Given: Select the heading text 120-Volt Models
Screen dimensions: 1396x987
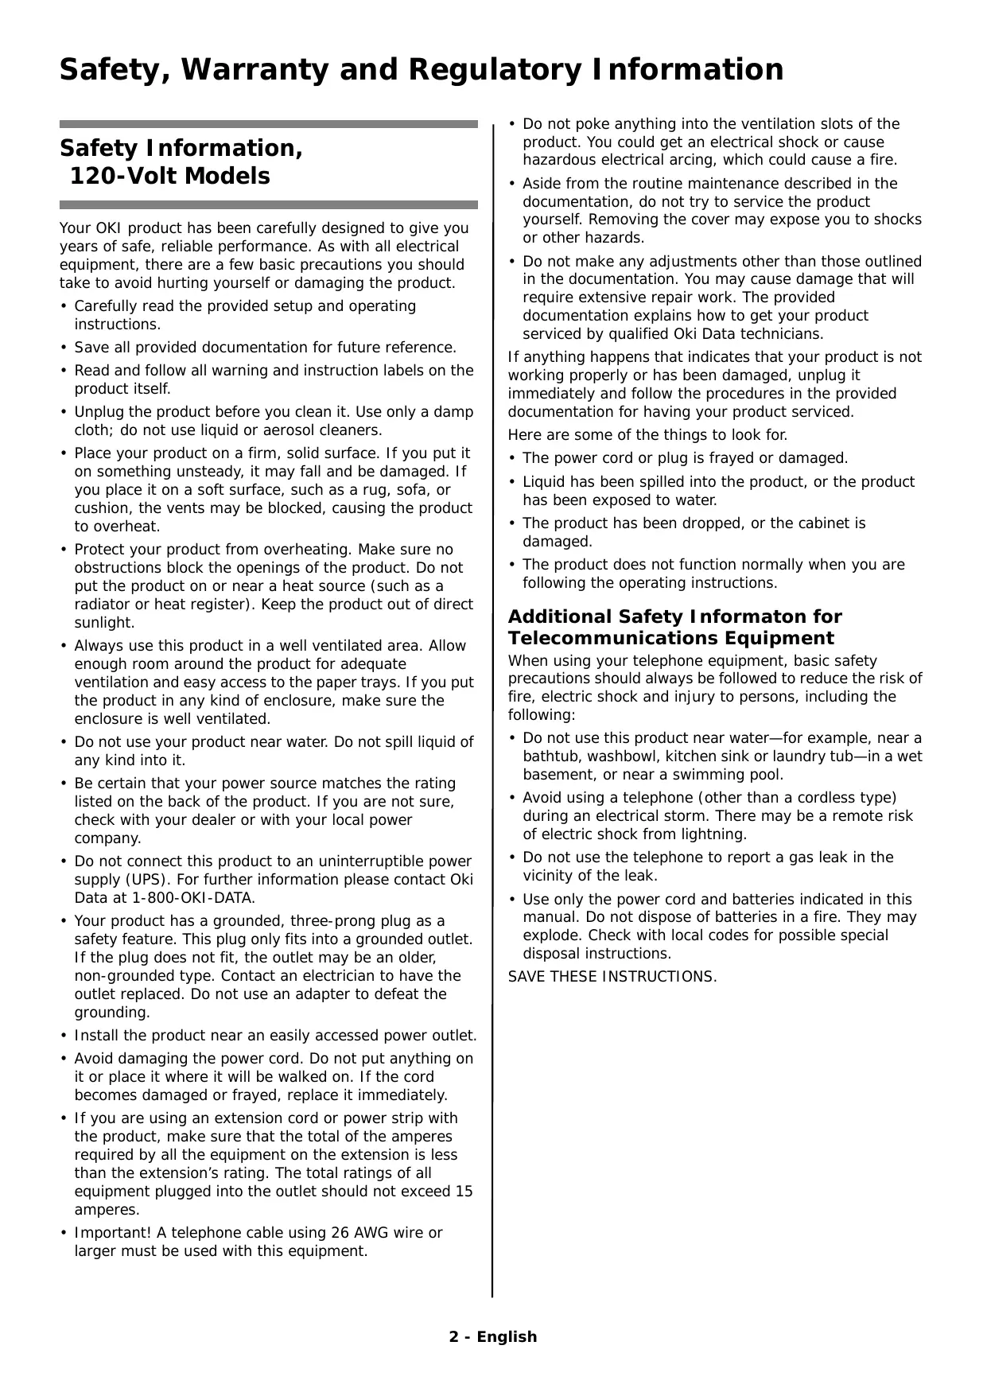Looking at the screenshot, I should [170, 176].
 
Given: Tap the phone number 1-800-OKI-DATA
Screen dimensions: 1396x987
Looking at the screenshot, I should [193, 898].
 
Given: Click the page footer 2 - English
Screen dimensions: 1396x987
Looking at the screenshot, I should [493, 1336].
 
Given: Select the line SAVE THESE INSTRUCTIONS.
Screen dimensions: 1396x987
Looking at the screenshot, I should [612, 977].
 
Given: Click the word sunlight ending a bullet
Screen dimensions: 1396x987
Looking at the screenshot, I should [103, 623].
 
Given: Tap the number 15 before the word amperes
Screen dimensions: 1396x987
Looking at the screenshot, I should [463, 1192].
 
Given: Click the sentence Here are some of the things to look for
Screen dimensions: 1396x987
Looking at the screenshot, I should [648, 435].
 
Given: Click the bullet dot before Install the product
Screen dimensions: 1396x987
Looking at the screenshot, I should [64, 1036].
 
